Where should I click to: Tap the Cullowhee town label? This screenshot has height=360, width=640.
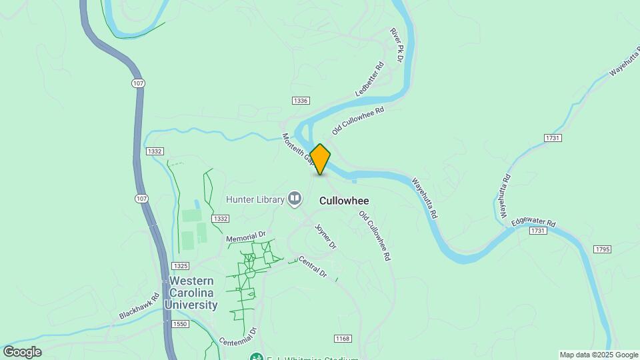point(344,200)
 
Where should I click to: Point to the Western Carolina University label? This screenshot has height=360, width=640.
point(193,293)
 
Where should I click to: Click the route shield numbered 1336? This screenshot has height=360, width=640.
point(300,101)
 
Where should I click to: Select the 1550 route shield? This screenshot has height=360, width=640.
point(180,324)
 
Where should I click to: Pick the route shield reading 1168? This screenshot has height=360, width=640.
point(343,339)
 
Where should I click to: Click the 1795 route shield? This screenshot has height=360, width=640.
point(602,249)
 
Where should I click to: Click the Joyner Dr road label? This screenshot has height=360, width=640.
point(326,237)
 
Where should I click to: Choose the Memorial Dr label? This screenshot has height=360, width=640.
point(246,237)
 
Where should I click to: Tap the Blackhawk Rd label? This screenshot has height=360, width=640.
point(139,306)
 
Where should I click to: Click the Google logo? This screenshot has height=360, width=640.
point(22,352)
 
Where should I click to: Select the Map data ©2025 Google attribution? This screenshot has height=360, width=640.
point(599,355)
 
